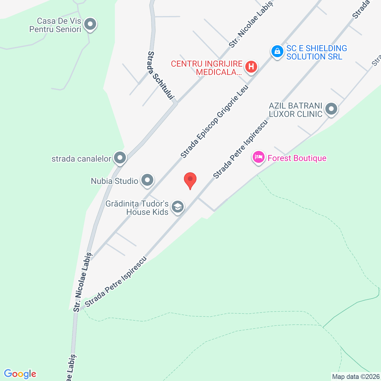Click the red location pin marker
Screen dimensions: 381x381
coord(190,180)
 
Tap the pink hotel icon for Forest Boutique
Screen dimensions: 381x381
coord(259,157)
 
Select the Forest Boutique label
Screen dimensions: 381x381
coord(297,158)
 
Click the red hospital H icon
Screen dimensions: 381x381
coord(251,67)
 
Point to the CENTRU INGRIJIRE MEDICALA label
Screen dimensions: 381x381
coord(207,68)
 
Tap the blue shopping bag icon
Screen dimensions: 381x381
coord(277,51)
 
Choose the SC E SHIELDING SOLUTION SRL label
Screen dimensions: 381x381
coord(316,52)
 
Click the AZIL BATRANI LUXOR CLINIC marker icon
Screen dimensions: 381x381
coord(331,109)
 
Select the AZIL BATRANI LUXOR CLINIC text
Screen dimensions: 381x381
coord(296,110)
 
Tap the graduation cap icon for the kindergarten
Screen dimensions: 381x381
coord(178,207)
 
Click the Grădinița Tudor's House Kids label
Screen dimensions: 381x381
coord(137,208)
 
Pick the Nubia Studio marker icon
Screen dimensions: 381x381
coord(147,180)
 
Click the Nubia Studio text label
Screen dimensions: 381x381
coord(115,181)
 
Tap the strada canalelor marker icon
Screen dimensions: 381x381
coord(120,158)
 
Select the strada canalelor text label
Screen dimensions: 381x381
coord(81,159)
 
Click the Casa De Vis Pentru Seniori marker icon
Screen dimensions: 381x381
coord(90,24)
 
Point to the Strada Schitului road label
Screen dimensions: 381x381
coord(160,76)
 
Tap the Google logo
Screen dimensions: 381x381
coord(20,374)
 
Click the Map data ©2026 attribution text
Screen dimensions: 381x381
coord(356,377)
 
